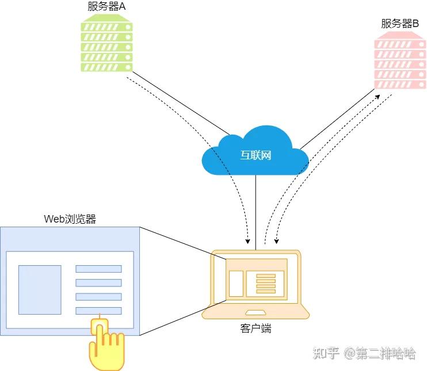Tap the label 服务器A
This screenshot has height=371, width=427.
(x=106, y=6)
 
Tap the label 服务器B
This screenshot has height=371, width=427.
(x=399, y=24)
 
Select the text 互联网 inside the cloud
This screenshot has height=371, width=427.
(x=256, y=155)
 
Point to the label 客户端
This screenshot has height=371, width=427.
(x=256, y=329)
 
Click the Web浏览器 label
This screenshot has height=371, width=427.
(x=70, y=219)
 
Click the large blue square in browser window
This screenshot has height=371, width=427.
(x=40, y=289)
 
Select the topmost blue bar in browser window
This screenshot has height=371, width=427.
(x=98, y=269)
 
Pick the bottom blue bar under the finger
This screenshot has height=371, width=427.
(x=98, y=311)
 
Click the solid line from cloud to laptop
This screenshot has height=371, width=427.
(x=256, y=213)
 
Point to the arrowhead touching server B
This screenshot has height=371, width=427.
(x=379, y=97)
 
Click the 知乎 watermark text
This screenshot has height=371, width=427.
(x=325, y=353)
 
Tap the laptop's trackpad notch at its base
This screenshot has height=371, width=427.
(x=256, y=313)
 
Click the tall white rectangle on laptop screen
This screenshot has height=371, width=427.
(x=236, y=284)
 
